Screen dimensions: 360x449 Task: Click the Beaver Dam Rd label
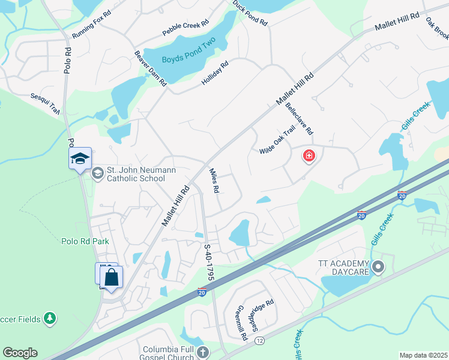[149, 68]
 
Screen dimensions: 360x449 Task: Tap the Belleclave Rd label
[300, 118]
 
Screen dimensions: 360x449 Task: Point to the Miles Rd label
[213, 180]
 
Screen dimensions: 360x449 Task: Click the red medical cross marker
[309, 157]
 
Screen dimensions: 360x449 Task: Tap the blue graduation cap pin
[80, 159]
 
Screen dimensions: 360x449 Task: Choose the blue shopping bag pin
[111, 278]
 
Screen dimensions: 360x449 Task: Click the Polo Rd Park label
[85, 242]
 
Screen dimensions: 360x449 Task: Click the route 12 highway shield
[259, 341]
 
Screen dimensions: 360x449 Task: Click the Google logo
[20, 353]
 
